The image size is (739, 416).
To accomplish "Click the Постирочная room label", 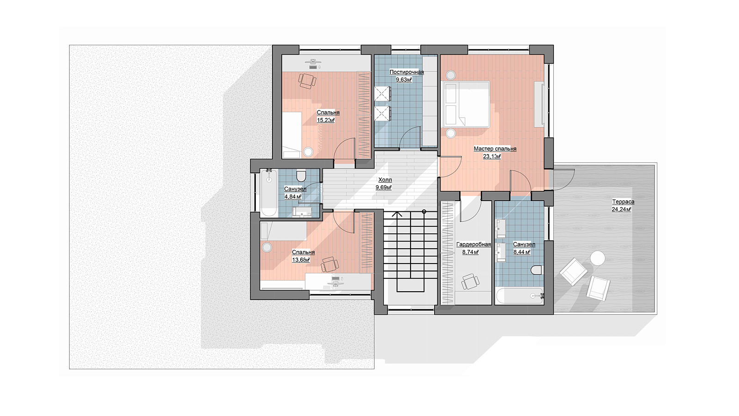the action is point(406,72).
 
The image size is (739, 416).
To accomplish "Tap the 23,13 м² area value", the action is point(492,156).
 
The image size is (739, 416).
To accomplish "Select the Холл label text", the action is point(385,180).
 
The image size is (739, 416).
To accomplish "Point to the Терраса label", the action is point(623,202).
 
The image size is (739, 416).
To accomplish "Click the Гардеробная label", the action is point(473,245).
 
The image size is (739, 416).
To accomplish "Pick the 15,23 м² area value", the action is point(326,120).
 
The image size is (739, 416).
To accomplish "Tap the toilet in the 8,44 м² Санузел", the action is point(536,270).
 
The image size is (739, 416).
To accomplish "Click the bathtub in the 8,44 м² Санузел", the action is point(520,296).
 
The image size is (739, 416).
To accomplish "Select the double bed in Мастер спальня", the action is point(466,104).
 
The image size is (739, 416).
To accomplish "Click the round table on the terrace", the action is point(598,258).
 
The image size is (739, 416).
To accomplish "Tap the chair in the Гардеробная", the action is point(470,281).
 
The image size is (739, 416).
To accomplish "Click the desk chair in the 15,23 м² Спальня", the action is point(307,81).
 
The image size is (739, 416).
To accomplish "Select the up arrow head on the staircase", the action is point(397,214).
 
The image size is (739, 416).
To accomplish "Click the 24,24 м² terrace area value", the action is point(621,209).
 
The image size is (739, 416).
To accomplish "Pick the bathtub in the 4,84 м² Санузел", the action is point(269,193).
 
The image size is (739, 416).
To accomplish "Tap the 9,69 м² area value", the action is point(383,188).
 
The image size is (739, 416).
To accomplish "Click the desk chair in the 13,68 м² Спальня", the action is point(330,264).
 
